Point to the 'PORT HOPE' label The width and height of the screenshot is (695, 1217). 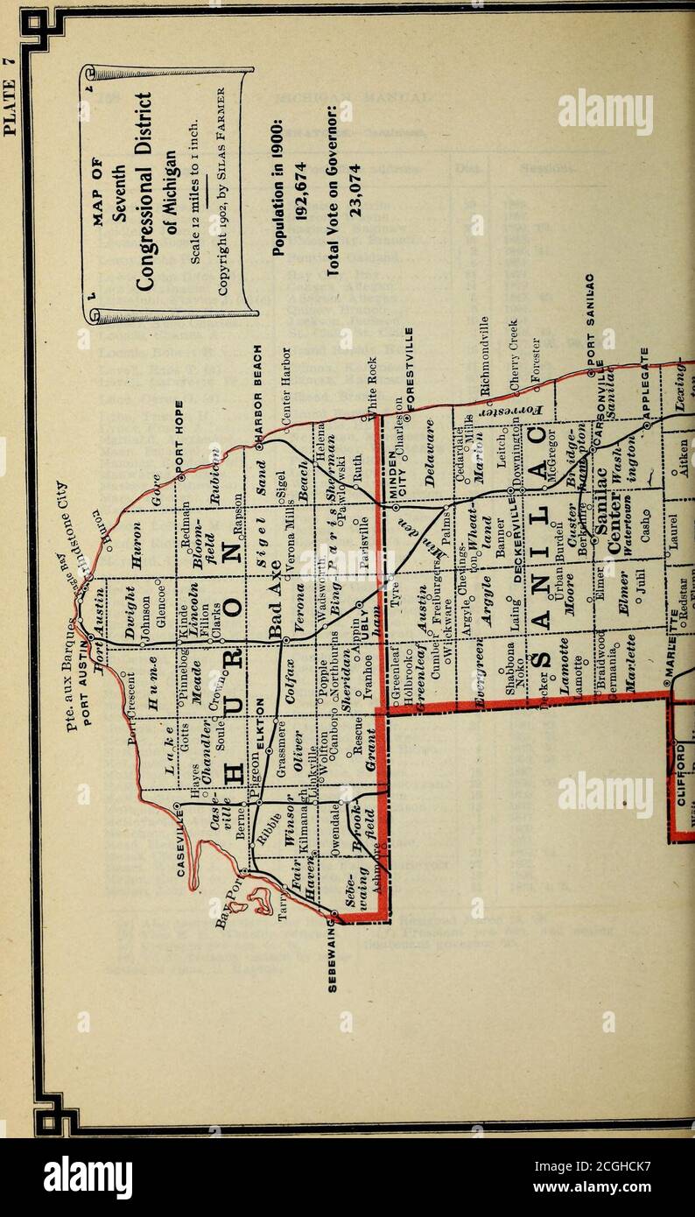pyautogui.click(x=177, y=430)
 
